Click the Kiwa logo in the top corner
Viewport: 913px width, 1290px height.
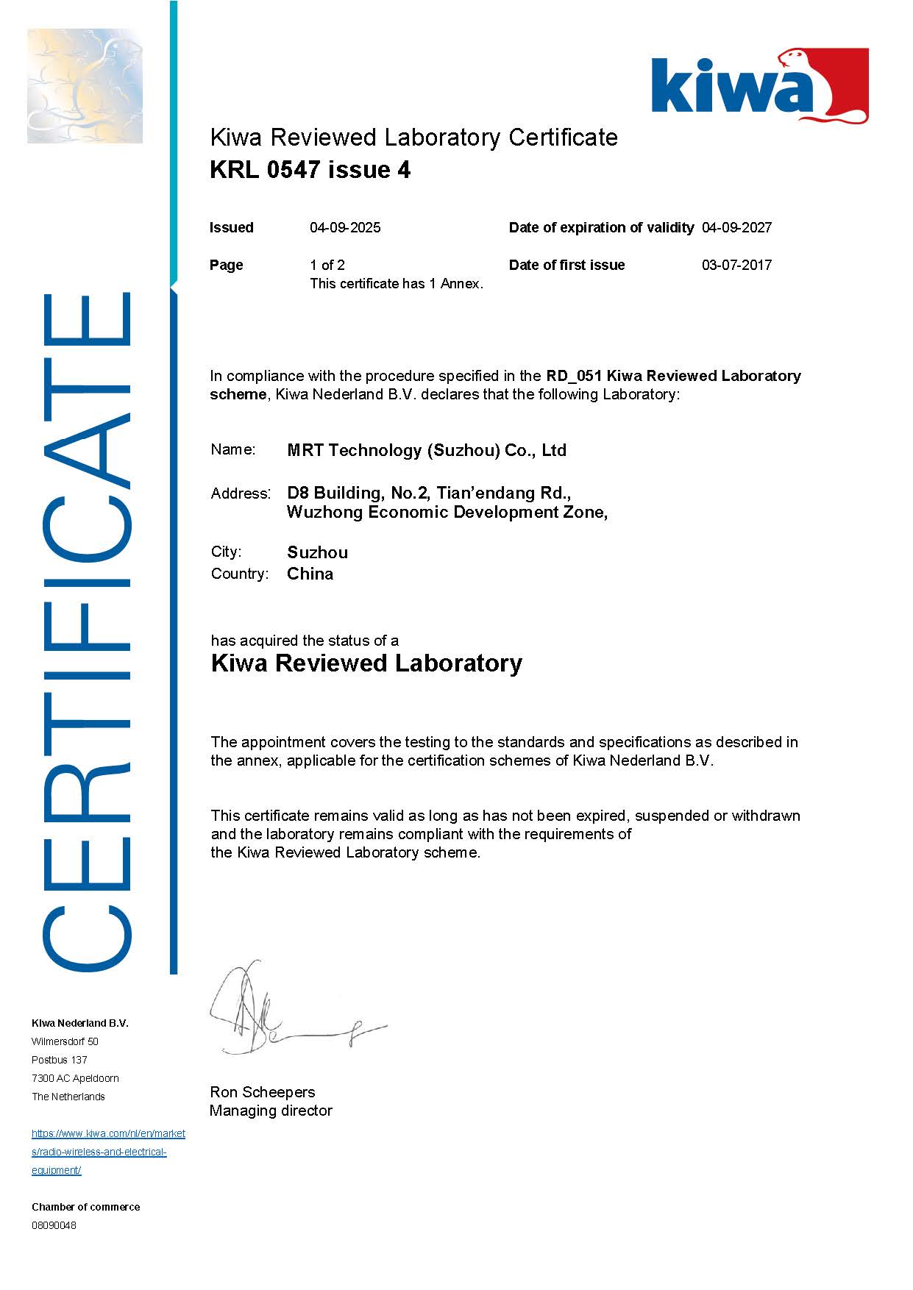(x=759, y=85)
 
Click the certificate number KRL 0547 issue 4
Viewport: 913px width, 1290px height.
(x=310, y=170)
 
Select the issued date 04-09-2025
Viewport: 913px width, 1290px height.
(x=345, y=227)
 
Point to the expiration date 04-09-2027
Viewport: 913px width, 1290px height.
(x=736, y=227)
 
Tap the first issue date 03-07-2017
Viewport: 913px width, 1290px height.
(x=736, y=265)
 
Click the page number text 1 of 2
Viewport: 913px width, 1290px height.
(x=327, y=265)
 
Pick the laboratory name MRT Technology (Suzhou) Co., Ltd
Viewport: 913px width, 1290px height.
(x=427, y=450)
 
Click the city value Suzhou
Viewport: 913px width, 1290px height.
(x=317, y=552)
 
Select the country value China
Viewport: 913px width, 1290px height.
(x=310, y=574)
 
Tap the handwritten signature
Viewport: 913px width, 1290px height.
(x=280, y=1011)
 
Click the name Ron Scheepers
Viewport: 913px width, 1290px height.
(x=263, y=1092)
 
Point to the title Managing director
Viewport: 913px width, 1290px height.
(x=271, y=1111)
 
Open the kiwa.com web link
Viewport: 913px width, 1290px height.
(x=107, y=1152)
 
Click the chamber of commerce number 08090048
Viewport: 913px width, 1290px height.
(x=54, y=1225)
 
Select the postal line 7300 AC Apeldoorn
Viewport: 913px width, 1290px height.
(x=75, y=1078)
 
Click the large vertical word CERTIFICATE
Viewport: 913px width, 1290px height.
(x=87, y=632)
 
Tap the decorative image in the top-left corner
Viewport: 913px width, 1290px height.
(x=85, y=86)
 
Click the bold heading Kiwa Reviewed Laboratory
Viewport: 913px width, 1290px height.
(x=366, y=663)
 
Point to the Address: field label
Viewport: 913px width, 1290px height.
(x=241, y=493)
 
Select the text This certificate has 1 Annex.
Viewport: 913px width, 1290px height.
(x=397, y=284)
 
